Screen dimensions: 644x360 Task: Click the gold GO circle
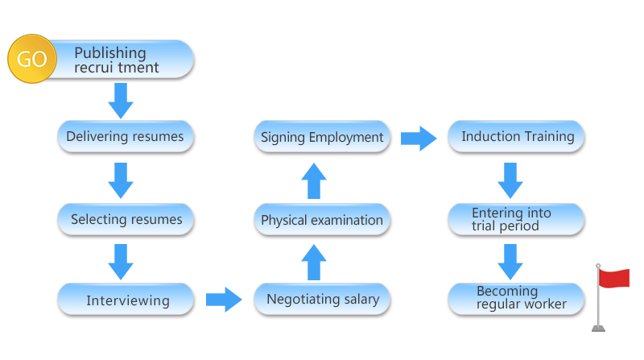(x=32, y=59)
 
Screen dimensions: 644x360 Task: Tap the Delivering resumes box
(x=126, y=136)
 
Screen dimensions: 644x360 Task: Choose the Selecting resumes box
(x=126, y=219)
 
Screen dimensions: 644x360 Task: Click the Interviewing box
(x=126, y=299)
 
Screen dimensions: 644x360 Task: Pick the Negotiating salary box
(x=322, y=299)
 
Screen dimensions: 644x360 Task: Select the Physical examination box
(x=322, y=219)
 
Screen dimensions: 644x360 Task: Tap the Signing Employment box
(x=322, y=136)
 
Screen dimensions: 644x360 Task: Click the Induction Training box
(x=516, y=136)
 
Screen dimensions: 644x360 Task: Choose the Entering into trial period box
(x=516, y=219)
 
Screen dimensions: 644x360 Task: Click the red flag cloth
(x=614, y=278)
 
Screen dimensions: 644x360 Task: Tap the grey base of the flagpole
(x=598, y=328)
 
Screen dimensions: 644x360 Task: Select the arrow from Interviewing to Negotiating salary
(x=224, y=300)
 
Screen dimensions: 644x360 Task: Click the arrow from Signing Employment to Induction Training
(x=419, y=139)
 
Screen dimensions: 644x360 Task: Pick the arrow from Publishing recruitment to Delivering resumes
(x=121, y=101)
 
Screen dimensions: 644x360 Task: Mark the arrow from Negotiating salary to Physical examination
(x=314, y=263)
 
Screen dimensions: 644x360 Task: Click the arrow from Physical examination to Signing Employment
(x=314, y=181)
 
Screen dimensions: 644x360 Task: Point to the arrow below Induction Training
(x=510, y=181)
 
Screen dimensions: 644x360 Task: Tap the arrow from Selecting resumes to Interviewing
(x=121, y=263)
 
